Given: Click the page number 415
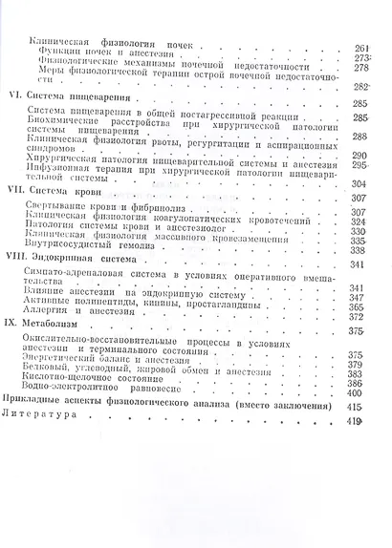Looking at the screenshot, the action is coord(360,407).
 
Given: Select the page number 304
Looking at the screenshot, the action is coord(361,182).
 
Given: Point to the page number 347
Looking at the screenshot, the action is coord(361,297).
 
